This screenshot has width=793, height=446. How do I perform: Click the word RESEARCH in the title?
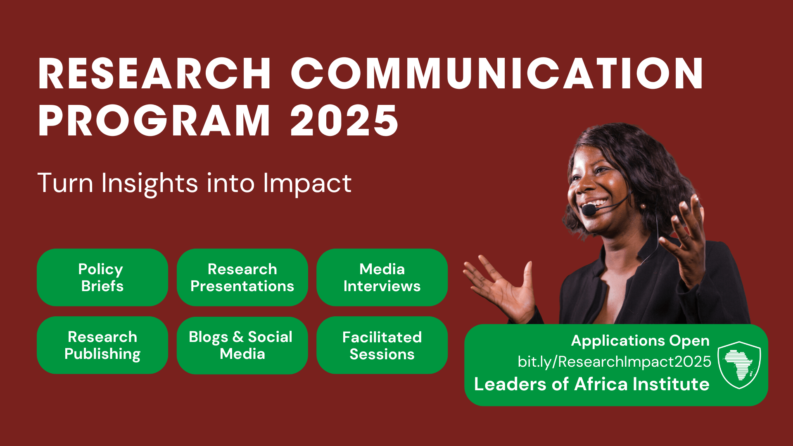tap(154, 74)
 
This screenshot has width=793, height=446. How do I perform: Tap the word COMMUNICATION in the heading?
tap(497, 74)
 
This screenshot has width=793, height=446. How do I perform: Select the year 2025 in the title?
tap(344, 120)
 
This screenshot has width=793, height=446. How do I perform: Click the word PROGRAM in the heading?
tap(154, 120)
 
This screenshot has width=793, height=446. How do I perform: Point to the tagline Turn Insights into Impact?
tap(195, 183)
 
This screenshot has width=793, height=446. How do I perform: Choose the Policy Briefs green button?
tap(102, 277)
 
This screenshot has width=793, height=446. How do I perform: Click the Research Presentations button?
tap(242, 277)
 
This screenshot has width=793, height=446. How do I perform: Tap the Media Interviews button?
tap(382, 277)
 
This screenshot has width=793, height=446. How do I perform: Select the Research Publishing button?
tap(102, 345)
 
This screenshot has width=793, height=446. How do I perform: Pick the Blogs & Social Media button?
tap(242, 345)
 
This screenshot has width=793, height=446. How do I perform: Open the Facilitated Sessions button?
tap(382, 345)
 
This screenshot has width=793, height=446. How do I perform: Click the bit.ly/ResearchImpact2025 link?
tap(615, 362)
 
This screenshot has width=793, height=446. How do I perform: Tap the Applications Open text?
tap(640, 341)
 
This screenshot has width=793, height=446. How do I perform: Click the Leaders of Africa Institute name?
tap(592, 384)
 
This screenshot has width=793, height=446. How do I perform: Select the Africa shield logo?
tap(739, 365)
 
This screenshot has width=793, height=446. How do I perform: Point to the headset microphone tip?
tap(589, 210)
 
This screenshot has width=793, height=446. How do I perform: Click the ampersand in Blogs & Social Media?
tap(238, 337)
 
